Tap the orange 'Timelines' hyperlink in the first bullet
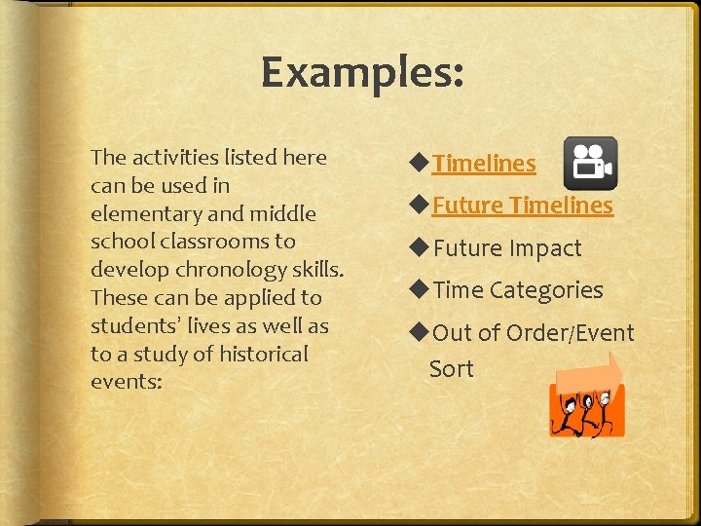[x=484, y=164]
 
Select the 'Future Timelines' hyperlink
[x=523, y=206]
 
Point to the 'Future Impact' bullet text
[x=506, y=248]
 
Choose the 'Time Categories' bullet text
[x=518, y=290]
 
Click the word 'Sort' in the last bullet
[x=452, y=369]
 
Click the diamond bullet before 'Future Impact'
[x=421, y=248]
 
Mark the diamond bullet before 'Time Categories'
[x=421, y=290]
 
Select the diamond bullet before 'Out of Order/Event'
[x=421, y=333]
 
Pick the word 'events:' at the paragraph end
[x=126, y=382]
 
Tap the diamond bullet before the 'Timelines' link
[x=421, y=164]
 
